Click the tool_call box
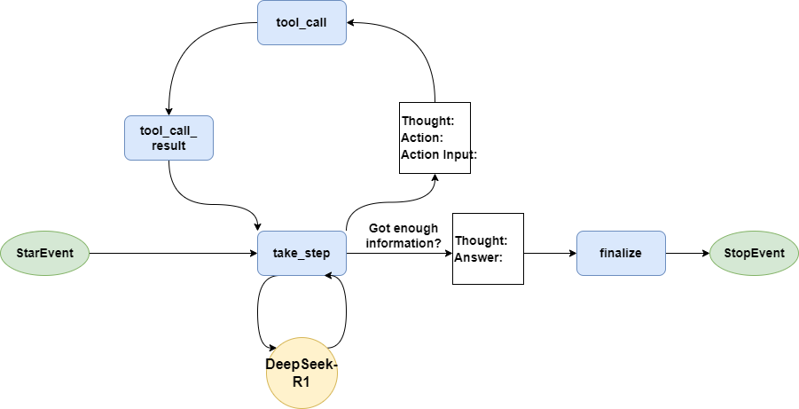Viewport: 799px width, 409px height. coord(302,22)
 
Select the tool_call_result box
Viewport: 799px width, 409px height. coord(168,138)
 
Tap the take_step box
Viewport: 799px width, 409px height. coord(302,253)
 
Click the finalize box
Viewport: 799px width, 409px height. coord(621,253)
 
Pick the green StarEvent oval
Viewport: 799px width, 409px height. coord(45,253)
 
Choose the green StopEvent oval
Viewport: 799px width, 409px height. coord(754,253)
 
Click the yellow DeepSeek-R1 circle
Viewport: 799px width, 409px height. coord(302,373)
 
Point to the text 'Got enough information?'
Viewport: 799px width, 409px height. coord(404,235)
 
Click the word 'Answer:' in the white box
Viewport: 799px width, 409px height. coord(478,258)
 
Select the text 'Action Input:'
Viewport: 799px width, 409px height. coord(439,154)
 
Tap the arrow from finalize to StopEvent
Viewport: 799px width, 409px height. coord(687,253)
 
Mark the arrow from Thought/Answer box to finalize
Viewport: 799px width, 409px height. coord(550,253)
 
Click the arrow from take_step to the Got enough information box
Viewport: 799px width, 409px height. coord(399,253)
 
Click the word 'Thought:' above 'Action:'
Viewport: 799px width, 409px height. coord(427,121)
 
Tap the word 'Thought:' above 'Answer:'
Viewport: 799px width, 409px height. coord(481,240)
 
